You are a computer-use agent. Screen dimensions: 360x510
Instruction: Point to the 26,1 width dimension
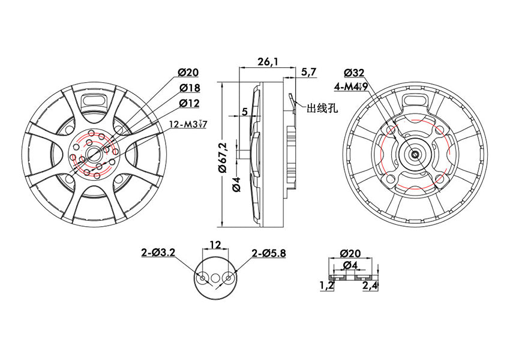(x=268, y=61)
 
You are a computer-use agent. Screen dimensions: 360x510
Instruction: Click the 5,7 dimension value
(x=308, y=72)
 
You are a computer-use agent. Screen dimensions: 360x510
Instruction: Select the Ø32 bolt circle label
(x=355, y=73)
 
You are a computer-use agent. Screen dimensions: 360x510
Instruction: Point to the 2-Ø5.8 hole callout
(x=269, y=253)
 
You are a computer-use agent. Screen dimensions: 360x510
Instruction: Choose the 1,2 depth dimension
(x=326, y=286)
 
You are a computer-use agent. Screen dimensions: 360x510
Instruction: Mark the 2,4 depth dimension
(x=370, y=286)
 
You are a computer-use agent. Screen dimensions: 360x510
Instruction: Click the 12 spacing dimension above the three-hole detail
(x=215, y=245)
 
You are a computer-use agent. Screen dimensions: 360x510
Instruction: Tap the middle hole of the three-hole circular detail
(x=215, y=277)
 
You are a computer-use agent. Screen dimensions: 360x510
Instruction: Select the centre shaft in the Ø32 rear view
(x=416, y=154)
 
